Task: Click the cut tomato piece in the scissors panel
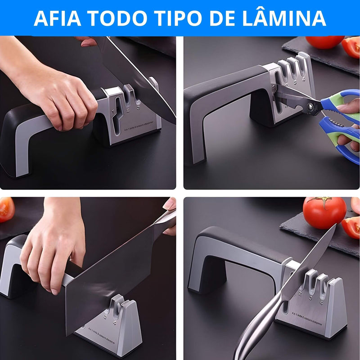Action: [x=351, y=47]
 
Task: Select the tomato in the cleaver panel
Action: [x=6, y=210]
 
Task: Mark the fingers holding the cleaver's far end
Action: [x=170, y=216]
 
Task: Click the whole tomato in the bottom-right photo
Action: [x=324, y=212]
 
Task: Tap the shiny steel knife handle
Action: [x=256, y=328]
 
